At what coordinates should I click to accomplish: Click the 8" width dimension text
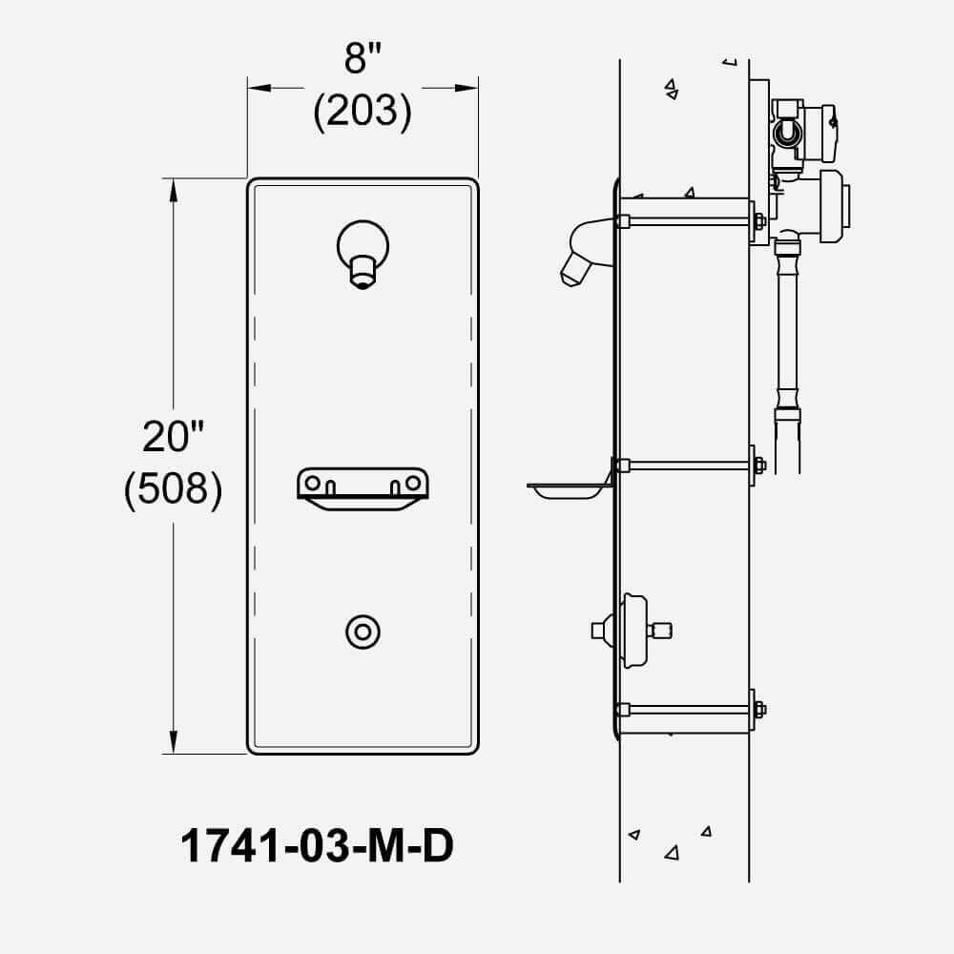pos(363,58)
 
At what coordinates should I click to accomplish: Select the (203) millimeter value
pos(363,112)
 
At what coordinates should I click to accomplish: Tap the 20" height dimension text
pos(173,436)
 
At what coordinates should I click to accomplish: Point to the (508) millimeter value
pos(173,489)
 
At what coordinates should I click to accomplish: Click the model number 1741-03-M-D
pos(317,845)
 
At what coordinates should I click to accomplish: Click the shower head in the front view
pos(363,254)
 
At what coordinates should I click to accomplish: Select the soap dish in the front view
pos(363,488)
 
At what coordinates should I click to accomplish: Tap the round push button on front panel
pos(363,633)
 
